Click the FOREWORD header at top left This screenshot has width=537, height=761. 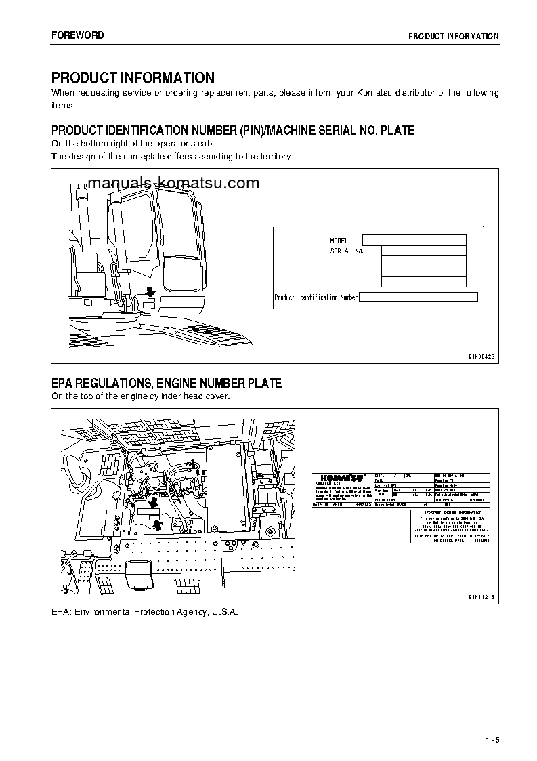[78, 35]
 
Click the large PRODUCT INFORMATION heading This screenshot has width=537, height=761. [133, 78]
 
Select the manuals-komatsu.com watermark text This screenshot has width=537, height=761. [173, 183]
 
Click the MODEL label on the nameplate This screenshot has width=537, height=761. [339, 241]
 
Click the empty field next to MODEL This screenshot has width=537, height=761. [414, 240]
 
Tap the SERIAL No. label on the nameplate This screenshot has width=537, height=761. [347, 251]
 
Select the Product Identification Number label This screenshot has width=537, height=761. [316, 297]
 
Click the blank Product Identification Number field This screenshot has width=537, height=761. [418, 297]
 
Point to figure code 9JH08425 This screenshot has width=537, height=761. [481, 356]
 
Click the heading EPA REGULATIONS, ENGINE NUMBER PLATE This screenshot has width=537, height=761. [167, 384]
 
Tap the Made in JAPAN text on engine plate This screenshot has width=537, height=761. [328, 505]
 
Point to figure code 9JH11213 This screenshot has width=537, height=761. [481, 597]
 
